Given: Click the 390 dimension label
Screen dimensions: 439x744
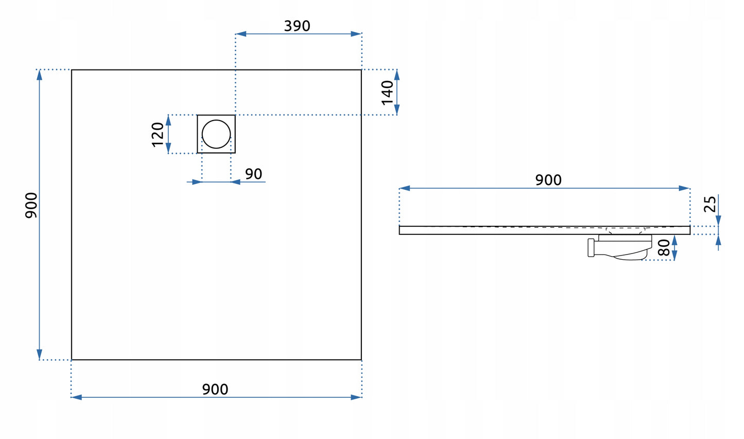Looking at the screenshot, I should point(297,26).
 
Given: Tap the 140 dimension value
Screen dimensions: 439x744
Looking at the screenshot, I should point(387,92).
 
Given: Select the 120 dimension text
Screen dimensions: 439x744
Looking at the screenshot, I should point(158,134).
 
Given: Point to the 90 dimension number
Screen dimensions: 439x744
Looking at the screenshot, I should point(253,174).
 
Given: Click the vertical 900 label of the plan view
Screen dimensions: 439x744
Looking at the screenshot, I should point(31,205).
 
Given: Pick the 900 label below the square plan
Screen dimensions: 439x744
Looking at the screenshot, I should point(215,389).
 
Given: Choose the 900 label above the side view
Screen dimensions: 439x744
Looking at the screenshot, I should point(548,180).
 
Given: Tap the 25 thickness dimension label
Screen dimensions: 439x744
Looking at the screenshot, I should point(711,204).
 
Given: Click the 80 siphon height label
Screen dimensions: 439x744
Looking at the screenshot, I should point(665,248).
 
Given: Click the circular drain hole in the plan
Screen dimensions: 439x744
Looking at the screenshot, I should point(216,134).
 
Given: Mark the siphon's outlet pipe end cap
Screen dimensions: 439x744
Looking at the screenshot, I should point(591,248).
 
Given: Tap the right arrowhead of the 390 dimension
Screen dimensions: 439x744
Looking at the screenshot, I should point(356,34).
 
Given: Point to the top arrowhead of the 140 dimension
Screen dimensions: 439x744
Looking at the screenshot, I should point(396,75).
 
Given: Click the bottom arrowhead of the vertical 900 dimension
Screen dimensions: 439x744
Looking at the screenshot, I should point(40,354).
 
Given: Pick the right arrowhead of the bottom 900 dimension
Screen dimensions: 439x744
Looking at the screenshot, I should point(356,397).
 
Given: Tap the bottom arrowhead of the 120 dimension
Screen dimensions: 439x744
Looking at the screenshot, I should point(168,148).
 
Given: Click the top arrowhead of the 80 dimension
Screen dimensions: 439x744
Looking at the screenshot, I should point(674,240).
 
